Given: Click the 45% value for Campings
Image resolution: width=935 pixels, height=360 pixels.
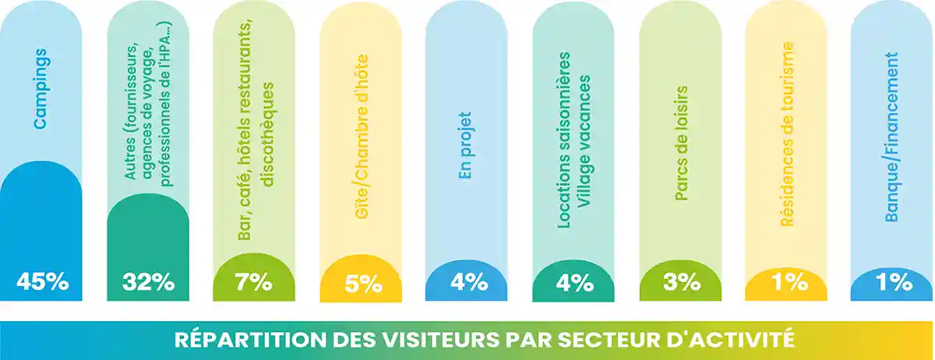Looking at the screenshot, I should tap(41, 281).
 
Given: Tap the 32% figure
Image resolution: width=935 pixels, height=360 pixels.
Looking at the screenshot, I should tap(147, 281).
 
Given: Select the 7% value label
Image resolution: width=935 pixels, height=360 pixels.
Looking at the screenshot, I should tap(254, 281).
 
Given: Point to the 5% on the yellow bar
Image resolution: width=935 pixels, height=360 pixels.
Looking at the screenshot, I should tap(360, 281).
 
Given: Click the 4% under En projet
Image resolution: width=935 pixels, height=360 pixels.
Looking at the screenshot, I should tap(467, 281).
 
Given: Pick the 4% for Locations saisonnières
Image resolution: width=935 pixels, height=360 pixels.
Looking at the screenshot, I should tap(573, 281).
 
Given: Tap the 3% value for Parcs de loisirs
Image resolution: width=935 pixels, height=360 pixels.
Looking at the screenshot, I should tap(679, 281).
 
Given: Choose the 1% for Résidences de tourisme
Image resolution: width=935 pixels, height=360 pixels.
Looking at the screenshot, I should tap(785, 281).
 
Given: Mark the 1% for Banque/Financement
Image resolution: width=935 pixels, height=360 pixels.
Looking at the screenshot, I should tap(892, 281).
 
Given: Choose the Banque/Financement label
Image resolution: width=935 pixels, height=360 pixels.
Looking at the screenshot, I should tap(892, 136).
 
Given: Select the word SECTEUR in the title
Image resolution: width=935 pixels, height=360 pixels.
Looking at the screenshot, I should tap(600, 341).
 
